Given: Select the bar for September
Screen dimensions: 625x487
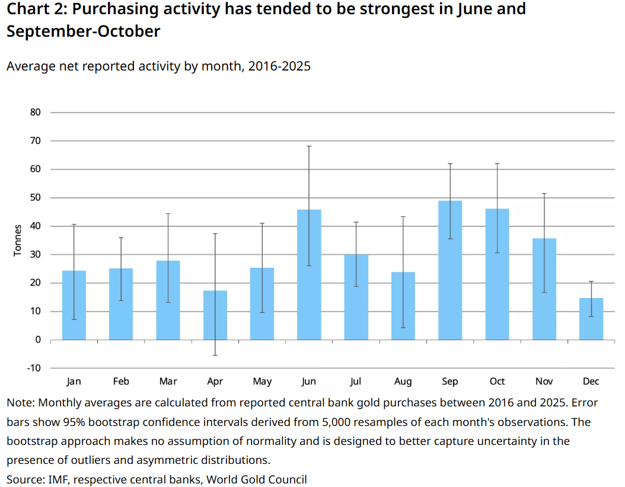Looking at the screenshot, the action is [450, 270].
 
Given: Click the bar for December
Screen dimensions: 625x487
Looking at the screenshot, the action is [591, 319].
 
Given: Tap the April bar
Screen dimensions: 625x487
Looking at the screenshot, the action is [215, 315].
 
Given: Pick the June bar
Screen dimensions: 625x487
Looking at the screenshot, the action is [309, 275].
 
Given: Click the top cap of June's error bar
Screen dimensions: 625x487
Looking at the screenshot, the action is [309, 146].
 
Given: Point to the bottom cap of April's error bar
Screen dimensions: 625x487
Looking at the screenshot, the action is [215, 355].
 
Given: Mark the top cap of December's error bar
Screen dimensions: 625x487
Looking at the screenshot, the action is [591, 281].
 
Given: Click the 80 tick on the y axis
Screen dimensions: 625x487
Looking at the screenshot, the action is [36, 113].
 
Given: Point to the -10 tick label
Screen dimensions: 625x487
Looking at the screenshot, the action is [34, 368].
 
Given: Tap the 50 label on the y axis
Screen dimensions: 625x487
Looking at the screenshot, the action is [36, 197].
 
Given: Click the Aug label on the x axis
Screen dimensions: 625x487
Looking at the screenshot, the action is [403, 382].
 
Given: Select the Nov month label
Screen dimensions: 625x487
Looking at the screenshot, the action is [544, 382].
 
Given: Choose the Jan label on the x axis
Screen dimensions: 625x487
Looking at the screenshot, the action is [74, 382].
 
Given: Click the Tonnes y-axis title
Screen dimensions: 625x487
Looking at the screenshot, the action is [18, 240].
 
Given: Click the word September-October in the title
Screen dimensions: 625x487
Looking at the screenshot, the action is [83, 31].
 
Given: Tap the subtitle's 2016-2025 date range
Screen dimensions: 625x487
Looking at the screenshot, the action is [279, 66].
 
